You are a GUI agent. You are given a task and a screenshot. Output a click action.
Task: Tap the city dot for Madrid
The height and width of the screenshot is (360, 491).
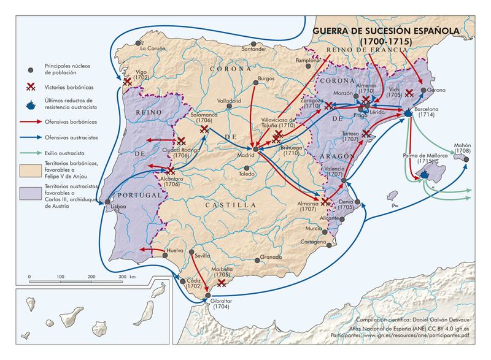point(255,148)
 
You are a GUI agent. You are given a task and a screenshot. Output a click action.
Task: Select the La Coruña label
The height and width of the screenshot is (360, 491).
point(153,48)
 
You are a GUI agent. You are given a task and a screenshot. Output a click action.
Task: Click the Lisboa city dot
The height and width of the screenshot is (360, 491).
point(107,201)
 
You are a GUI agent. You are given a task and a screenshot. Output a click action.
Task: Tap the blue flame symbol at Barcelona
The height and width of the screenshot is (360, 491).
point(408,113)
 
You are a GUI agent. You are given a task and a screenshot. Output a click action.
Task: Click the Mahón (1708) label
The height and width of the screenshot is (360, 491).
point(462,148)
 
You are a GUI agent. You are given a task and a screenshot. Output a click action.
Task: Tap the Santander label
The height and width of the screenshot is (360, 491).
point(254,48)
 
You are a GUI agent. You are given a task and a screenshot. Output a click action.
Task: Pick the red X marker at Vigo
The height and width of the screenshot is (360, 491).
point(127,82)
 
